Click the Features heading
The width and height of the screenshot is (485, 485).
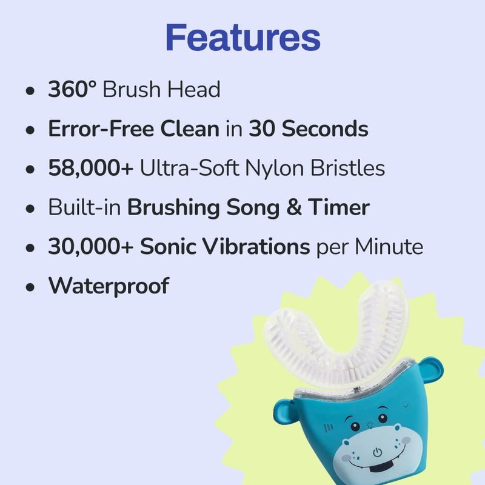point(243,38)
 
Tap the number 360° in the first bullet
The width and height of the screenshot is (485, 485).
point(72,89)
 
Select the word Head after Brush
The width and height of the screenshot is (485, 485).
point(194,89)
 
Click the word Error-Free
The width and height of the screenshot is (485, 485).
point(101,129)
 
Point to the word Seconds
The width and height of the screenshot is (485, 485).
point(325,129)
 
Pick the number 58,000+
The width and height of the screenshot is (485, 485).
point(90,168)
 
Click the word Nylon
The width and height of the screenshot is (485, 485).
point(275,169)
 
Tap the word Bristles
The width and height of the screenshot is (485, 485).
point(347,168)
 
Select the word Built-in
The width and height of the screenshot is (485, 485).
point(84,207)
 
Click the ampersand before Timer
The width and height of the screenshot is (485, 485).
point(294,207)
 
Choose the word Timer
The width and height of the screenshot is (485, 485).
point(339,207)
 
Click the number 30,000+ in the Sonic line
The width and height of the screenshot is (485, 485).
point(90,247)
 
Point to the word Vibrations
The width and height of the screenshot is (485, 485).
point(256,246)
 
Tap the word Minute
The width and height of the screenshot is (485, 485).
point(389,247)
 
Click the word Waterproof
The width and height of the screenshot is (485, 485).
point(109,286)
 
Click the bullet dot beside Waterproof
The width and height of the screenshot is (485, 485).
point(30,287)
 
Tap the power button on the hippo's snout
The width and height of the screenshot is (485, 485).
point(376,452)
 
